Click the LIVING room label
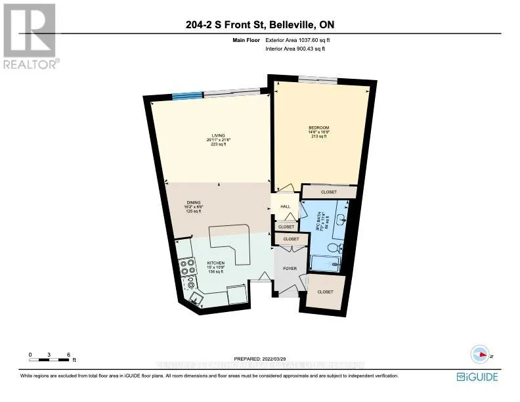coord(209,135)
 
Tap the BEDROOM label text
coord(318,127)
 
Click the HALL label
coord(285,206)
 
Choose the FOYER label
coord(290,268)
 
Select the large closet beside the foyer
coord(324,291)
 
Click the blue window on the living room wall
coord(186,97)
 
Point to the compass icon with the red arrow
coord(478,353)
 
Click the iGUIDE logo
coord(477,376)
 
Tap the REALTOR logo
coord(30,36)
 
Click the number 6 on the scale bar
coord(69,355)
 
